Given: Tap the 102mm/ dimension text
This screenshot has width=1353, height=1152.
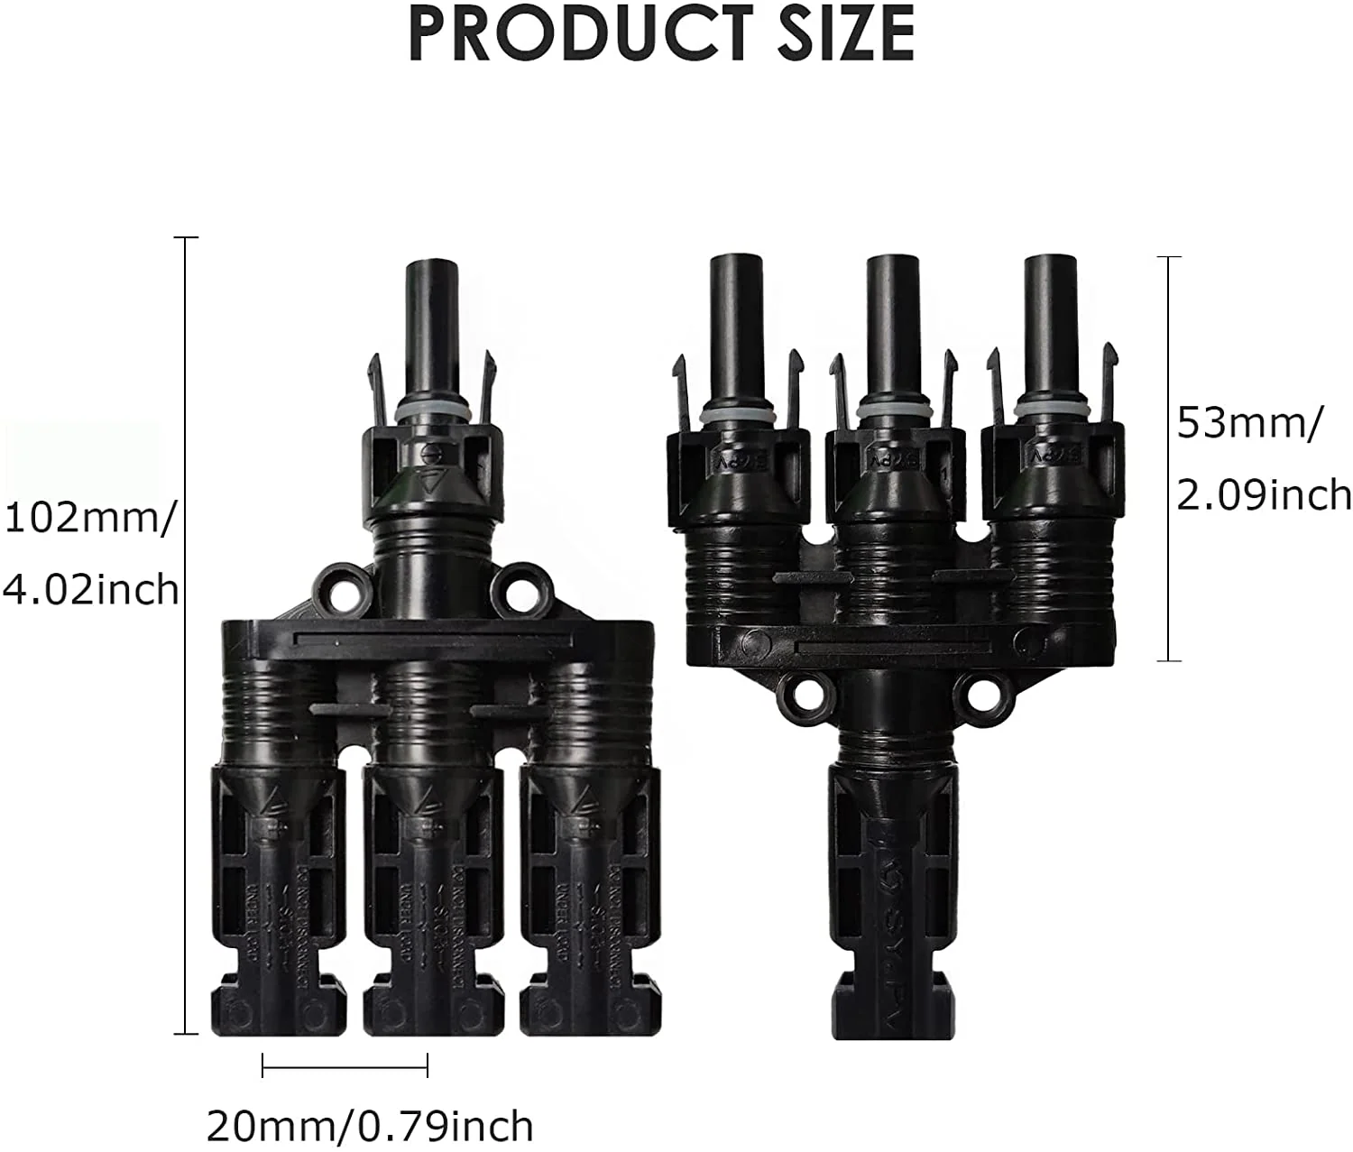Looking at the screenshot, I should (x=87, y=520).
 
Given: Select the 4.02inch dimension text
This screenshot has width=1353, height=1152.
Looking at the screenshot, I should (x=90, y=590).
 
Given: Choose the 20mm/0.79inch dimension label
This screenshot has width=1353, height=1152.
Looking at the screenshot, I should (x=370, y=1127).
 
